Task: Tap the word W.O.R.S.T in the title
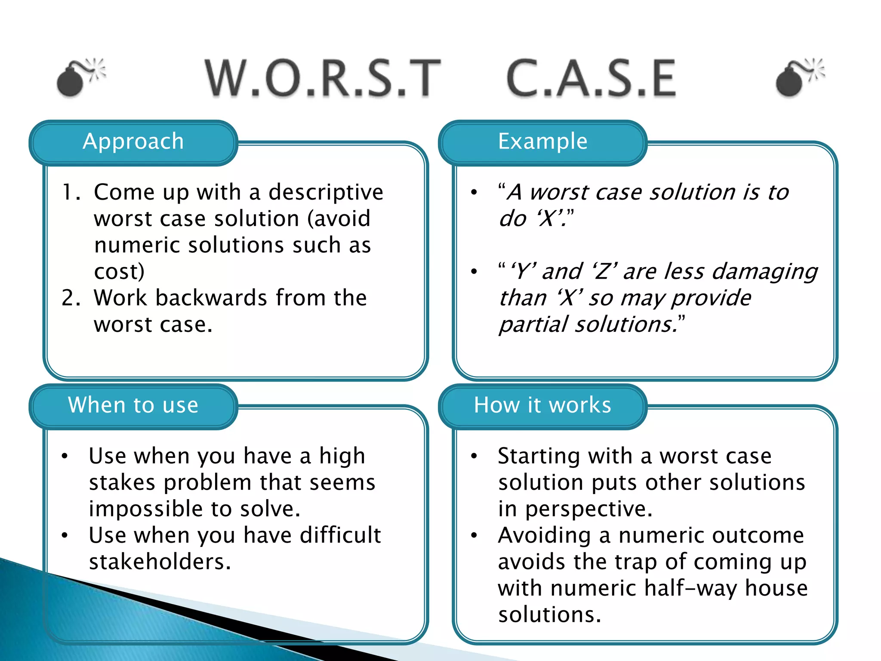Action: tap(323, 78)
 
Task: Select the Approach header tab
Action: tap(133, 142)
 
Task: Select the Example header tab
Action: tap(543, 142)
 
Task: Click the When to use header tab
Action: tap(133, 405)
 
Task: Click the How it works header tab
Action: tap(543, 405)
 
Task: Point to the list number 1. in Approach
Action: tap(71, 192)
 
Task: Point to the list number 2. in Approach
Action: tap(71, 298)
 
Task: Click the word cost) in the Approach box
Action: tap(119, 272)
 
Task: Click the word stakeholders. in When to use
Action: tap(160, 562)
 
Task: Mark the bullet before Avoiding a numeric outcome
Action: tap(474, 536)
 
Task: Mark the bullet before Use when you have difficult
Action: tap(65, 536)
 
